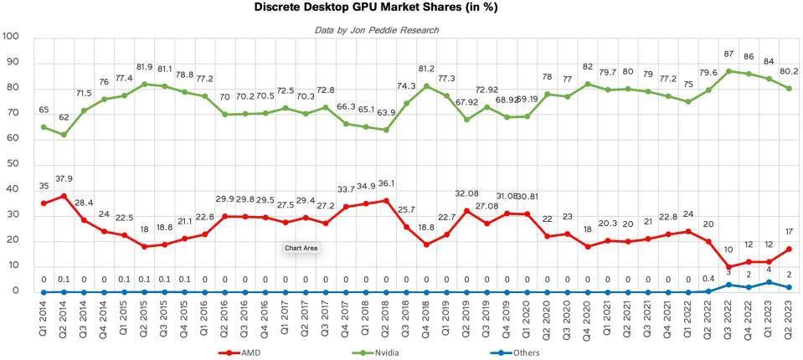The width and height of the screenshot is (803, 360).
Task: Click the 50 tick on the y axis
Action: pyautogui.click(x=13, y=164)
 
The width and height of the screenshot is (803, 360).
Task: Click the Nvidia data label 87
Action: pyautogui.click(x=728, y=54)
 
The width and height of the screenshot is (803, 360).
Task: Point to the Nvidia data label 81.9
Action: pyautogui.click(x=145, y=67)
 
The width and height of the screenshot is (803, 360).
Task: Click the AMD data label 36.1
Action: pyautogui.click(x=386, y=183)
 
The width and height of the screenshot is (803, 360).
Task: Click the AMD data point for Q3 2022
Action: pyautogui.click(x=728, y=267)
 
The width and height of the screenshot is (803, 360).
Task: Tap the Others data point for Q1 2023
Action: pyautogui.click(x=769, y=282)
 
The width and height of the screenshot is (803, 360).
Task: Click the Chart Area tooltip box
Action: pyautogui.click(x=301, y=249)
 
